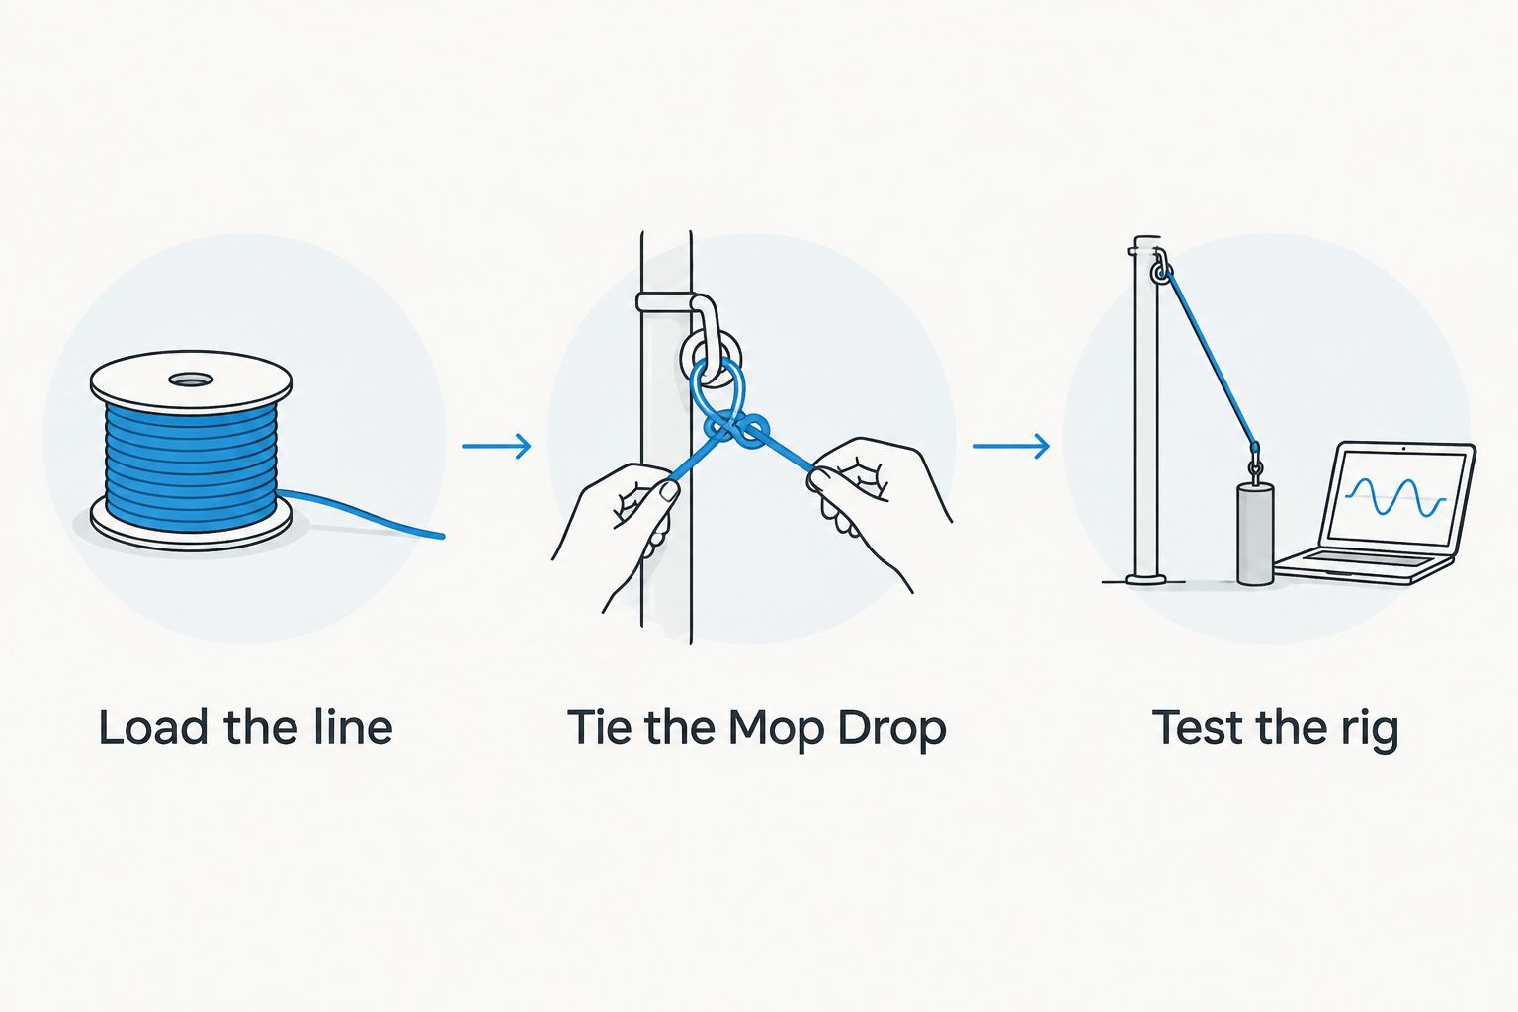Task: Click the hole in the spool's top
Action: point(191,379)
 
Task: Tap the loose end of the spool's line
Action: point(443,537)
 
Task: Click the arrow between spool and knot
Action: point(496,446)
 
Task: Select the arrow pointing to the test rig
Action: point(1011,446)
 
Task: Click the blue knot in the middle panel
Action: point(736,429)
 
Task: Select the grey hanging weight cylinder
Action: point(1255,534)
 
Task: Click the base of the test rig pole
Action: point(1146,579)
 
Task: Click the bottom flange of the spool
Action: point(191,526)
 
